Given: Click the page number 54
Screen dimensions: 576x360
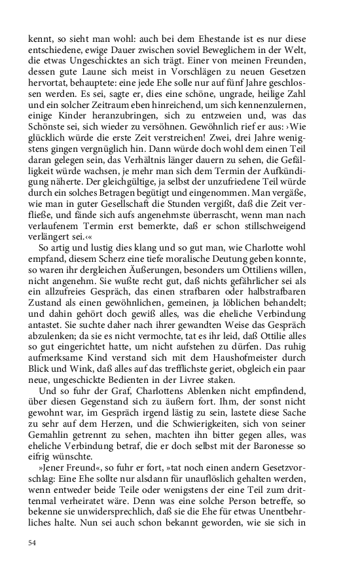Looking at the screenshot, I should coord(33,543).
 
